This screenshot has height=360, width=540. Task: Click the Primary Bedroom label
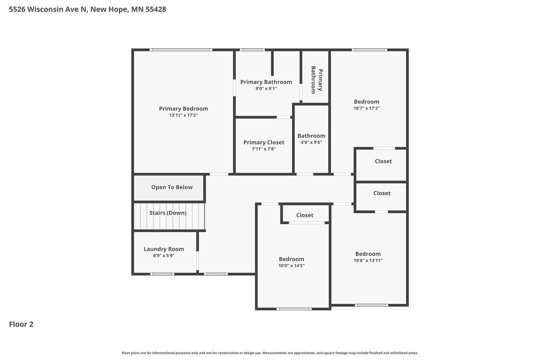[184, 109]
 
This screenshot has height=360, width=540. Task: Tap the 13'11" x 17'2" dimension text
[184, 115]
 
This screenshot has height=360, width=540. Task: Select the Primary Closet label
[264, 142]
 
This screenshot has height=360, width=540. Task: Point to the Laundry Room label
[164, 249]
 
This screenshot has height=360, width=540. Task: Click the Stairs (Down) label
[168, 213]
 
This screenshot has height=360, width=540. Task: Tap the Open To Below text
[172, 187]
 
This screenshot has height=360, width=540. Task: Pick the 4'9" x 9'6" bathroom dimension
[311, 142]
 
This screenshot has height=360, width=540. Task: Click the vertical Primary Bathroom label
[317, 80]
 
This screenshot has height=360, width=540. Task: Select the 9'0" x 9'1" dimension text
[266, 88]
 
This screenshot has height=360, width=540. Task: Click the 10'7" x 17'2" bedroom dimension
[367, 108]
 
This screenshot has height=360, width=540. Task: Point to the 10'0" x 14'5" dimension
[292, 266]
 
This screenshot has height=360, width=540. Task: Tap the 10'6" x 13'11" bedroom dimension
[368, 260]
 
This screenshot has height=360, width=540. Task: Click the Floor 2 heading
[21, 324]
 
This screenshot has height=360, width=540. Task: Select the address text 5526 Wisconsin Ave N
[48, 9]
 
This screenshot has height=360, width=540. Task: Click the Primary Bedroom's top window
[181, 50]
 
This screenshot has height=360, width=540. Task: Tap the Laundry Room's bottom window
[162, 274]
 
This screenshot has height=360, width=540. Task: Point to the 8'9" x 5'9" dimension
[164, 256]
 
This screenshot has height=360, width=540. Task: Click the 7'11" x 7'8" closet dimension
[264, 149]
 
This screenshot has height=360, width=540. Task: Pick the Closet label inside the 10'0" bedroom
[305, 215]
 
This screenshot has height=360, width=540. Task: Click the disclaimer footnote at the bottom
[270, 353]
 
